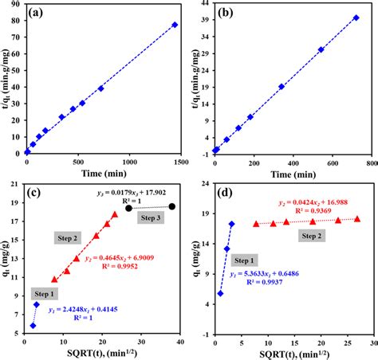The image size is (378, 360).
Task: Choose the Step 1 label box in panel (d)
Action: pos(244,260)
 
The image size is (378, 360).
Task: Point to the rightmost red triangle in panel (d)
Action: pos(356,218)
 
